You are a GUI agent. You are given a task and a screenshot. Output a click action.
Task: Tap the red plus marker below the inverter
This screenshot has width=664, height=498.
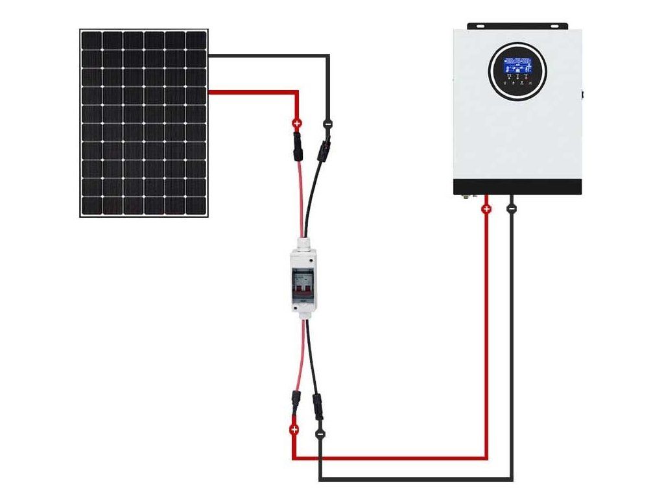pyautogui.click(x=486, y=209)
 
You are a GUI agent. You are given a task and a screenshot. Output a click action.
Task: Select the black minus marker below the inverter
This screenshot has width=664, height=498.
pyautogui.click(x=512, y=209)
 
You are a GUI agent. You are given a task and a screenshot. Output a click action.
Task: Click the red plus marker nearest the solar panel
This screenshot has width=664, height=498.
pyautogui.click(x=297, y=123)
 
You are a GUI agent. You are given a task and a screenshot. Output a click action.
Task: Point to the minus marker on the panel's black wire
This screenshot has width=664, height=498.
pyautogui.click(x=327, y=123)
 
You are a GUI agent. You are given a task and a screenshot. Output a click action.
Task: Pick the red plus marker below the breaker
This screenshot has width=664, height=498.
pyautogui.click(x=294, y=429)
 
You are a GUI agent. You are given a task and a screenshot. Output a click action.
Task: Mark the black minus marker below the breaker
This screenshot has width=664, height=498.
pyautogui.click(x=320, y=433)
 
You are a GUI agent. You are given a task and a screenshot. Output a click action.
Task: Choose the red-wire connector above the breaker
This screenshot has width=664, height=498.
pyautogui.click(x=298, y=146)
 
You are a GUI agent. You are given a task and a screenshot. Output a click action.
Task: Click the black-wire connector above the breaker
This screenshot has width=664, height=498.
pyautogui.click(x=322, y=148)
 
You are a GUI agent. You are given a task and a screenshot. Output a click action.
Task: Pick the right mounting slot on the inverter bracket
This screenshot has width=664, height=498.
pyautogui.click(x=554, y=26)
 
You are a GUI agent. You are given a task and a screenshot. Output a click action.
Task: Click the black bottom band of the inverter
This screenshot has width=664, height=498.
pyautogui.click(x=517, y=187)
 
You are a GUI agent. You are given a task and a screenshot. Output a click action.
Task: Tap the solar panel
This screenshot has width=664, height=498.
pyautogui.click(x=144, y=123)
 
